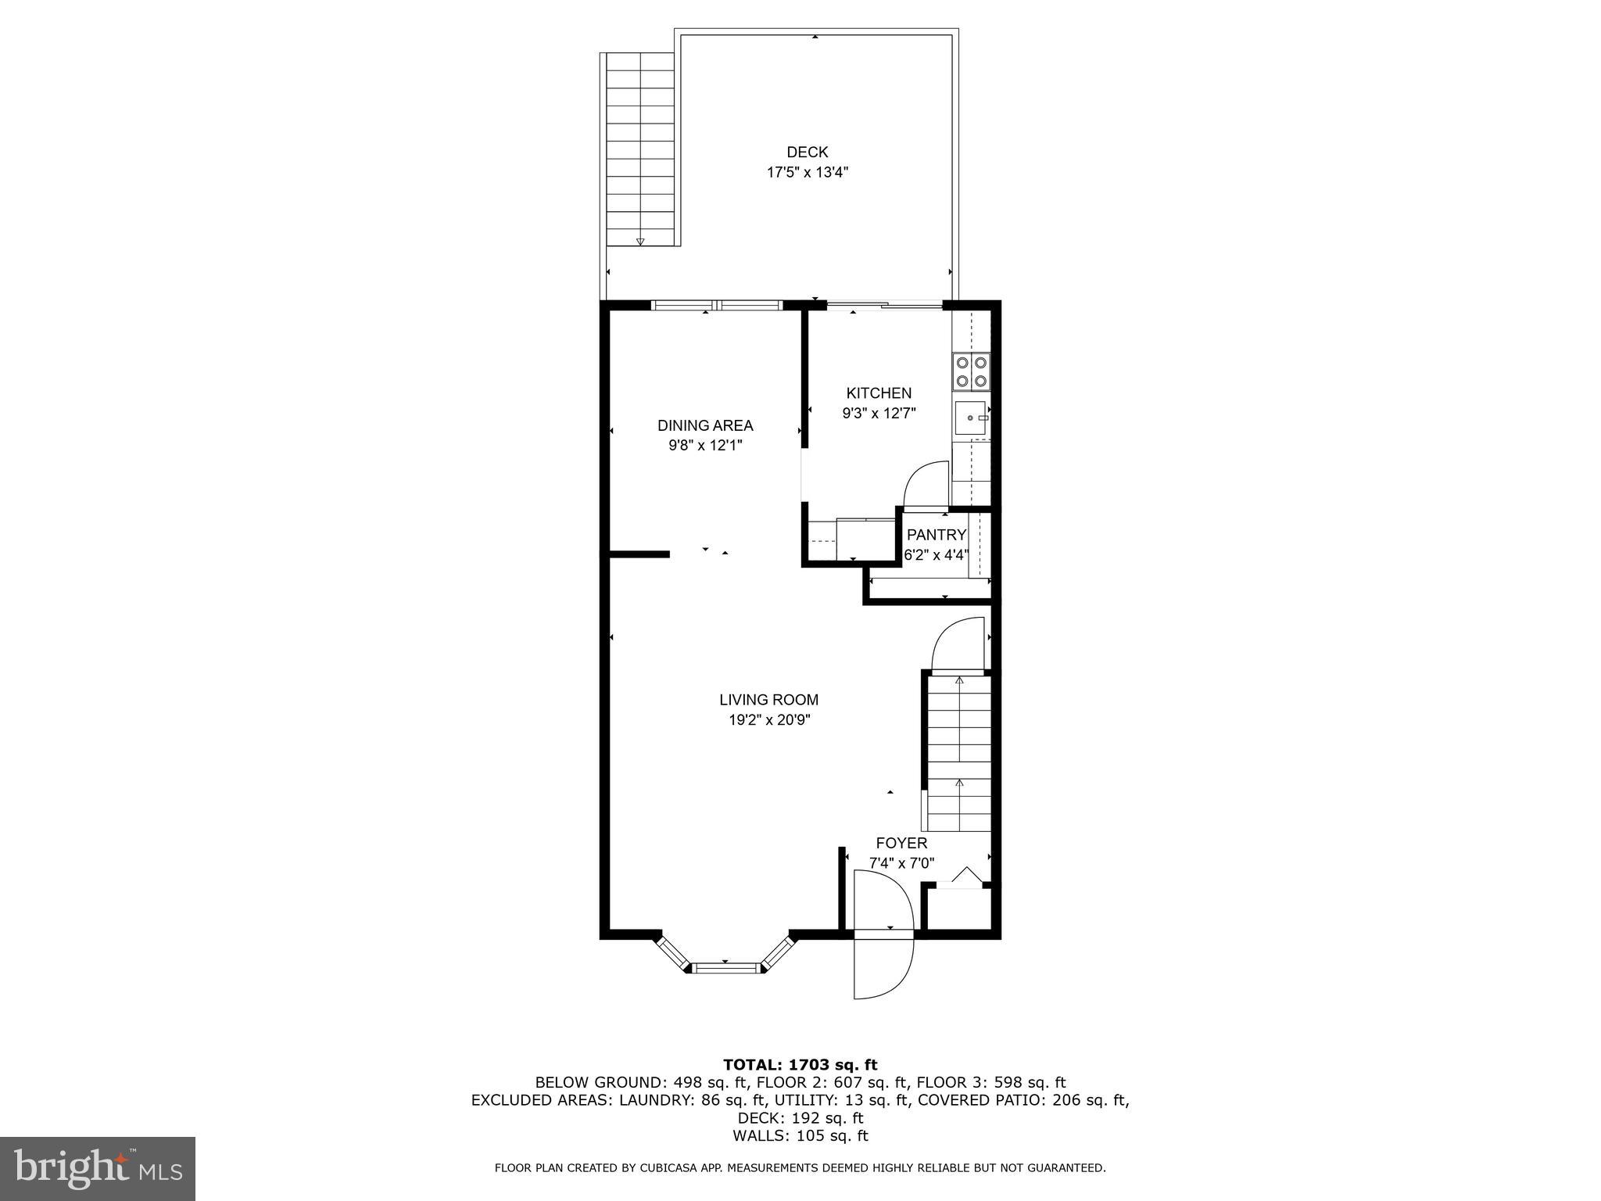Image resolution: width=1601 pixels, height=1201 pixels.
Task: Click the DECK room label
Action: click(807, 152)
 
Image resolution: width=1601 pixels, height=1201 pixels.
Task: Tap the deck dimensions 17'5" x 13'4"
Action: click(807, 173)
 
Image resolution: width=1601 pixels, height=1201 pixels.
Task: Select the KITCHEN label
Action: click(879, 393)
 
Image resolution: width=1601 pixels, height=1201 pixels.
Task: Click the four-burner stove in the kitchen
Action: click(971, 371)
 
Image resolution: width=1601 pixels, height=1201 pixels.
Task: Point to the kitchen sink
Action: click(970, 418)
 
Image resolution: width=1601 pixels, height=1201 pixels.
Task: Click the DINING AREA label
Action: click(705, 426)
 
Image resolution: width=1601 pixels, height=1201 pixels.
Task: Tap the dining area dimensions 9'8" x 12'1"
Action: click(705, 446)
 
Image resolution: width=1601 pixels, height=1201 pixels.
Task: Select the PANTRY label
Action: click(937, 535)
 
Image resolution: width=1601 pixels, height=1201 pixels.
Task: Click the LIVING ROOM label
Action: click(769, 701)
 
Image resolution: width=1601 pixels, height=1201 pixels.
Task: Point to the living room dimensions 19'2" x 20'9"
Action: click(769, 720)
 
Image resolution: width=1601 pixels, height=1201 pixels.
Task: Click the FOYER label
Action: click(901, 844)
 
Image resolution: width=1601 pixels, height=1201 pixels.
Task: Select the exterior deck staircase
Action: click(640, 149)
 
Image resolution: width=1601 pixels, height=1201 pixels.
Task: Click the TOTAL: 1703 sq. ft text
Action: click(800, 1064)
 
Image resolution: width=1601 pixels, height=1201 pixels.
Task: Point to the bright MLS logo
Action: click(98, 1168)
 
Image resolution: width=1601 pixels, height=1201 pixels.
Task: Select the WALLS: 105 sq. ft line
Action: click(800, 1136)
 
